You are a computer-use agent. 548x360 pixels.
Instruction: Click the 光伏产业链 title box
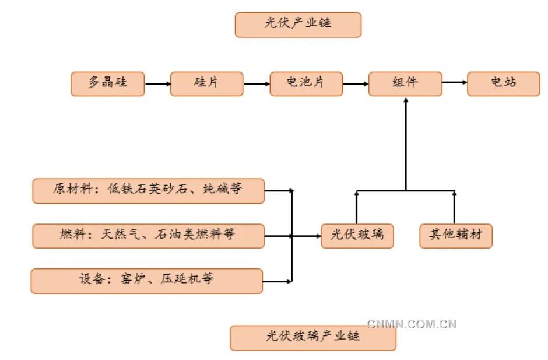pos(298,25)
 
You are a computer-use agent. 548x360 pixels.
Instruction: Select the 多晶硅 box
pos(107,84)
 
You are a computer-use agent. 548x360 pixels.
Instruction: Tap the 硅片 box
pos(206,84)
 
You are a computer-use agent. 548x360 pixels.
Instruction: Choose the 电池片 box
pos(305,84)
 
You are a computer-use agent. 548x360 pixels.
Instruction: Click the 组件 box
pos(405,83)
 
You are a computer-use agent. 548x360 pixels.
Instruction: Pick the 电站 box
pos(504,83)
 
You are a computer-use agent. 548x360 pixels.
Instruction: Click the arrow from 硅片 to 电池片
pos(257,84)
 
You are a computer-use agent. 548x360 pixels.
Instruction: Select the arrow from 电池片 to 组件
pos(356,84)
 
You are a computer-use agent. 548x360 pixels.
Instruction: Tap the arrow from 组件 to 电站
pos(455,83)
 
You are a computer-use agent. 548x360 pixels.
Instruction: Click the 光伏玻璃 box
pos(357,236)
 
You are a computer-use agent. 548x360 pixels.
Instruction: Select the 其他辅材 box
pos(456,236)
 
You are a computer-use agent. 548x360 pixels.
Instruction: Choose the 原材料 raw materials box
pos(148,191)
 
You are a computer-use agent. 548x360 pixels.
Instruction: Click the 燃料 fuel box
pos(148,236)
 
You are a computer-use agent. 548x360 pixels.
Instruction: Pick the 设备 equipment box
pos(146,281)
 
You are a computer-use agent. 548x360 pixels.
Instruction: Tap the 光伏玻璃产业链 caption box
pos(312,338)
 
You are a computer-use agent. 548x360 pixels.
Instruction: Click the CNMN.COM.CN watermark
pos(412,324)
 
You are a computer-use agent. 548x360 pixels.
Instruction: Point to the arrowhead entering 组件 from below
pos(406,100)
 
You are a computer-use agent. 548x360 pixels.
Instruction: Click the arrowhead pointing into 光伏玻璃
pos(318,236)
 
